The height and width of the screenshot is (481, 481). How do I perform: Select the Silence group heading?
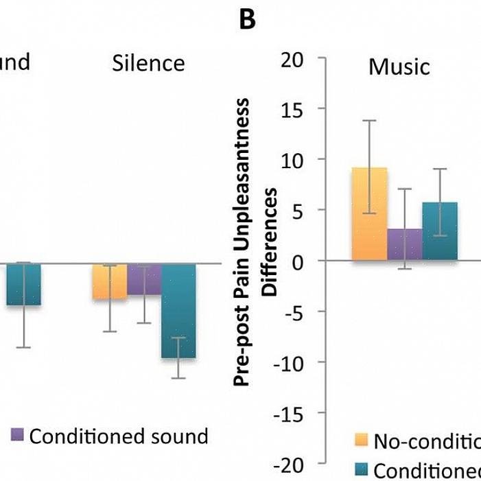(148, 64)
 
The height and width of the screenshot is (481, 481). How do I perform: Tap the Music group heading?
(399, 67)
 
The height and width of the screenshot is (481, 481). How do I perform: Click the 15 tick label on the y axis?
(292, 110)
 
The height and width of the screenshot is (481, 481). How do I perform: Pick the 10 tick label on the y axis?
(292, 160)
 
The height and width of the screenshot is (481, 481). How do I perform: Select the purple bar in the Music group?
(405, 245)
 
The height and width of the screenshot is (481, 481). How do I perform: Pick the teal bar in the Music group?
(440, 231)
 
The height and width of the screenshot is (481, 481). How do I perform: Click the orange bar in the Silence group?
(109, 281)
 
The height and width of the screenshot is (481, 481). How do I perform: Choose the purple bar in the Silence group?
(144, 279)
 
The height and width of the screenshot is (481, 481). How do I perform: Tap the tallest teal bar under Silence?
(178, 310)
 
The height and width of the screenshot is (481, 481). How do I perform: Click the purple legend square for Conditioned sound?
(17, 435)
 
